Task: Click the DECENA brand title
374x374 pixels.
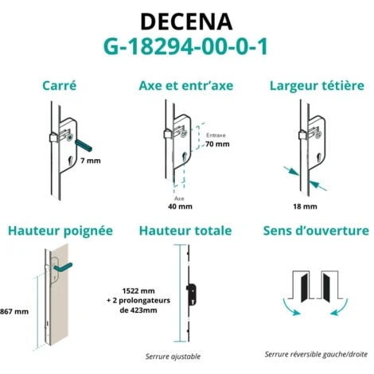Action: point(186,21)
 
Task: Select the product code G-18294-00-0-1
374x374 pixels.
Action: point(185,47)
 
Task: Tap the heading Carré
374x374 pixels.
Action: point(60,86)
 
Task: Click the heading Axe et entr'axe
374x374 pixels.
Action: point(186,86)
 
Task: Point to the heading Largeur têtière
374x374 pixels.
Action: point(317,86)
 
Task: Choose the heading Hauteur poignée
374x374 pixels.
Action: point(60,231)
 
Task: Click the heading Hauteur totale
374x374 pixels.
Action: point(185,231)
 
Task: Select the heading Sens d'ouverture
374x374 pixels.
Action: point(316,231)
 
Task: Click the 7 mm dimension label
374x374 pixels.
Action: point(91,161)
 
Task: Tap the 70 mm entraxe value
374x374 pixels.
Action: point(217,144)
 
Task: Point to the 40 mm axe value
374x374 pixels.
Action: point(180,206)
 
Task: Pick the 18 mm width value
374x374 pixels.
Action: point(305,206)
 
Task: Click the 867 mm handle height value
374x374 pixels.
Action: point(14,311)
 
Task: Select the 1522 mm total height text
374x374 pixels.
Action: point(138,291)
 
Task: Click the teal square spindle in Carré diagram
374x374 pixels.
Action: point(84,146)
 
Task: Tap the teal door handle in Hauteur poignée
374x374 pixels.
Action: point(63,267)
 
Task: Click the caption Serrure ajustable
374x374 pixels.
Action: point(173,356)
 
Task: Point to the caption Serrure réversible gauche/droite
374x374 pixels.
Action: point(316,354)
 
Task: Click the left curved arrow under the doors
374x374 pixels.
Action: point(289,309)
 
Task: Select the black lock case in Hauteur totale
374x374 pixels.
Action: point(192,294)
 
